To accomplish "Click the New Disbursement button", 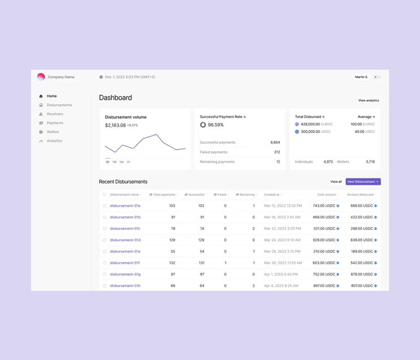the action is (x=363, y=182).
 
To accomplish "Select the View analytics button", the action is (x=369, y=100).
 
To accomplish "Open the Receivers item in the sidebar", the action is (x=55, y=114).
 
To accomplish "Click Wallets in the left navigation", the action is (x=53, y=132).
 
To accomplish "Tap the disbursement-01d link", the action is (x=125, y=240).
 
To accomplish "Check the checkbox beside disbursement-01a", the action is (x=104, y=206).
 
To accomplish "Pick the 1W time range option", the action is (x=114, y=162).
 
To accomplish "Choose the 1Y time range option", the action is (x=128, y=162).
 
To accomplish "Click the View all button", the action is (x=336, y=182).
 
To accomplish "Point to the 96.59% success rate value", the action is (x=216, y=125).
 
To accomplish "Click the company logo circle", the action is (x=41, y=77).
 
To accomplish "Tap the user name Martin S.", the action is (x=362, y=77).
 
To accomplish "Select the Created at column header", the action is (x=272, y=195).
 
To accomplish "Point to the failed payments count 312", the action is (x=277, y=152).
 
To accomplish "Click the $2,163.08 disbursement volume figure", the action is (x=115, y=125).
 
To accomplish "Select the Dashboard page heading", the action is (x=116, y=98).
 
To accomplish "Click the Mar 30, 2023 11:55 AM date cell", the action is (x=283, y=263).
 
